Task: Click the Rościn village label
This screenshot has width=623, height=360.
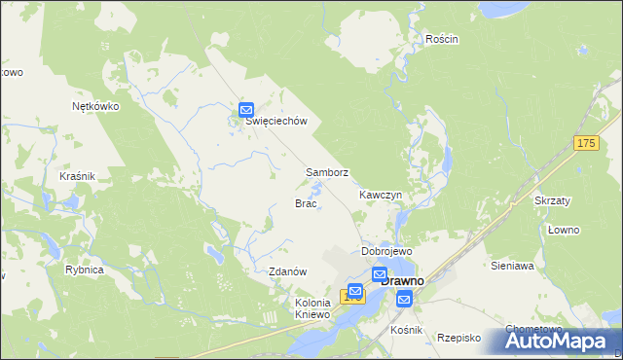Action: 441,39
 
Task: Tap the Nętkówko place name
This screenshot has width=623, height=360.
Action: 95,107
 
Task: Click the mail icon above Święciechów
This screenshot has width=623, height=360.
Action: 246,110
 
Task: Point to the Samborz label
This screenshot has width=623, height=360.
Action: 327,172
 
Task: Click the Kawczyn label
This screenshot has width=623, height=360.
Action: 380,195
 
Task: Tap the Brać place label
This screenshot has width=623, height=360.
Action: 305,203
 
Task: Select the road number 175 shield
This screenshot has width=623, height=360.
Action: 584,144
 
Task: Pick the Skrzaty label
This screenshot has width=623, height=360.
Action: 552,199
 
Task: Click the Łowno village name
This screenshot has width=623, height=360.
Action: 563,230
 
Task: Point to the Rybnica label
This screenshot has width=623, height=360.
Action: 85,270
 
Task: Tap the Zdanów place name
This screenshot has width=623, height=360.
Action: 288,271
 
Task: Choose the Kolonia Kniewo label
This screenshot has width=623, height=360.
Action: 314,308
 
